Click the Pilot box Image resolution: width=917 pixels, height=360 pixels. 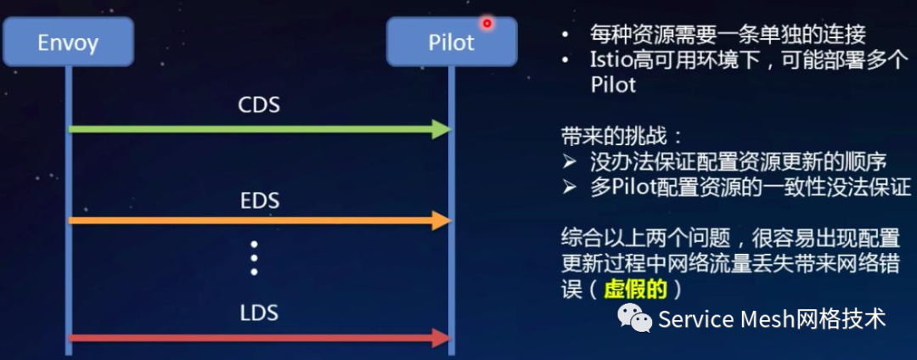[x=451, y=42]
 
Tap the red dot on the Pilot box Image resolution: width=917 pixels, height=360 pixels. [x=487, y=23]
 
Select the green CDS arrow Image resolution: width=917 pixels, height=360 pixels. [x=255, y=129]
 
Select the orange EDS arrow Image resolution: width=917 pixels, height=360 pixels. [x=255, y=222]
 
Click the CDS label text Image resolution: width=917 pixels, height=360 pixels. [x=259, y=106]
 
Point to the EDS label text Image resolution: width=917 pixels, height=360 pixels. [x=259, y=201]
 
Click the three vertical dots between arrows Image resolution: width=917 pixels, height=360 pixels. [x=254, y=258]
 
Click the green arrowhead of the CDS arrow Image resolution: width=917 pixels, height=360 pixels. [x=440, y=129]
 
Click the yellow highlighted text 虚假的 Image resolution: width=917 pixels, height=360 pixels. [x=635, y=289]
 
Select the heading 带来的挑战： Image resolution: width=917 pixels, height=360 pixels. [x=622, y=136]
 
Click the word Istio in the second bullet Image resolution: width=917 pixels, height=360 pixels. [x=608, y=61]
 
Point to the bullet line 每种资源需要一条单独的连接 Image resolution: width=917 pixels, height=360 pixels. [x=728, y=35]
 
